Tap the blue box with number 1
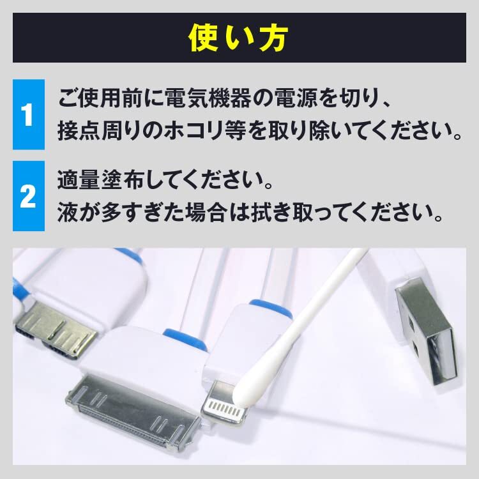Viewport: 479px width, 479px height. click(28, 115)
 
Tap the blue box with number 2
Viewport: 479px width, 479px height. click(28, 196)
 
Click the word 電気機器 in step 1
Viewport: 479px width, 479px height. click(203, 100)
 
